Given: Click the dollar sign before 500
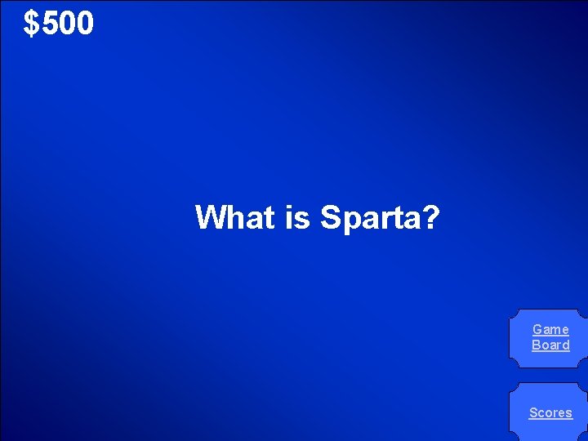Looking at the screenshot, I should [31, 24].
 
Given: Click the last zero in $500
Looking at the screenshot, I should [85, 24].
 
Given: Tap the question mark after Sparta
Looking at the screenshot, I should [430, 218].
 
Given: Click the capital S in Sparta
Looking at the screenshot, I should [329, 218].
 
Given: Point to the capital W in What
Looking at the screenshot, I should [210, 218].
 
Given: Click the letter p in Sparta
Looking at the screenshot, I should [349, 220].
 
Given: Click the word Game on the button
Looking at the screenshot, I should [550, 330].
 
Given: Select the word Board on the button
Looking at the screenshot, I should [550, 345].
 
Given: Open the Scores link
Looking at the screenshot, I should [550, 413].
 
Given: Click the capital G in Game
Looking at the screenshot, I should [537, 330].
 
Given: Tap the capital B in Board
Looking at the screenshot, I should [536, 345].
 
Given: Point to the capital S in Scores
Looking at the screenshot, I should [533, 413].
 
